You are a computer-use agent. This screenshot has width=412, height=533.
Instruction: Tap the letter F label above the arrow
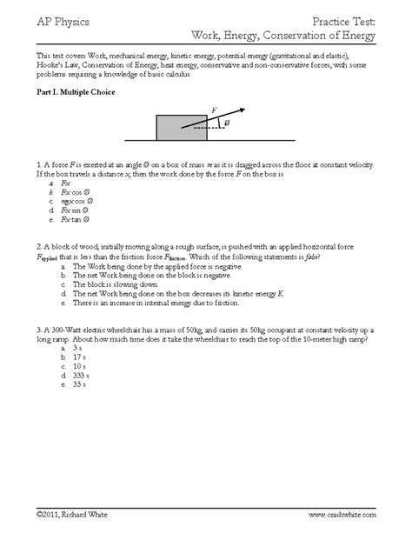[214, 110]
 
